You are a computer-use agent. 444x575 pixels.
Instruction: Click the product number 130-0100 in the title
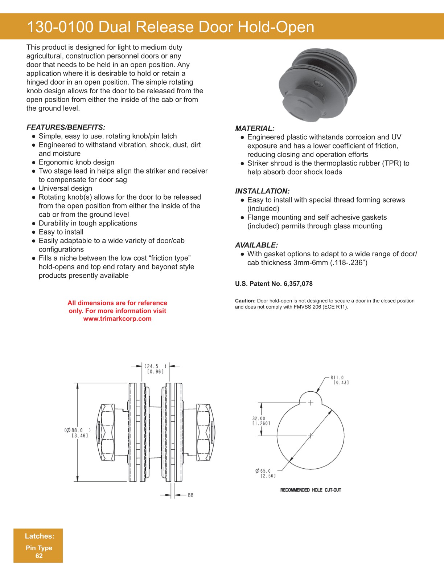(60, 27)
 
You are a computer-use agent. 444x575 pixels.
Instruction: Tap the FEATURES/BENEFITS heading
(66, 127)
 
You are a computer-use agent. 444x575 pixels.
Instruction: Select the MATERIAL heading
(255, 129)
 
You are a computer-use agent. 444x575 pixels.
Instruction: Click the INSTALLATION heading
(262, 191)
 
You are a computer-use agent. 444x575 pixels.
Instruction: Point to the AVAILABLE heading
(256, 245)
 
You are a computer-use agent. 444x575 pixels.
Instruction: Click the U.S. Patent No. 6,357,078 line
(274, 284)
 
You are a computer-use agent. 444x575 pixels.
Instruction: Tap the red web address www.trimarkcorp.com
(117, 319)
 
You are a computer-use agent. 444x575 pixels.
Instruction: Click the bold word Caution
(245, 301)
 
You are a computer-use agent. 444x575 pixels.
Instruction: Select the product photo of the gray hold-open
(317, 85)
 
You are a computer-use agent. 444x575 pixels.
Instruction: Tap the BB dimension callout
(190, 495)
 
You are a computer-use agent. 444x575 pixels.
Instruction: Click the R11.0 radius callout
(337, 378)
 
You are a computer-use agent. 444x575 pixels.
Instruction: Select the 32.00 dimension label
(259, 419)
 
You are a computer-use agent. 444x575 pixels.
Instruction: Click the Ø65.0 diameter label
(264, 471)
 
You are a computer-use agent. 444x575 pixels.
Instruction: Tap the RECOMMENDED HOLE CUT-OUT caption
(311, 490)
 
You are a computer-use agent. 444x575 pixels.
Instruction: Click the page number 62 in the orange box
(39, 556)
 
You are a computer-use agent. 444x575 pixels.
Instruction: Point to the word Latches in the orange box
(39, 536)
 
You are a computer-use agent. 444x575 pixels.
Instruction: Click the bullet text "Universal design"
(65, 188)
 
